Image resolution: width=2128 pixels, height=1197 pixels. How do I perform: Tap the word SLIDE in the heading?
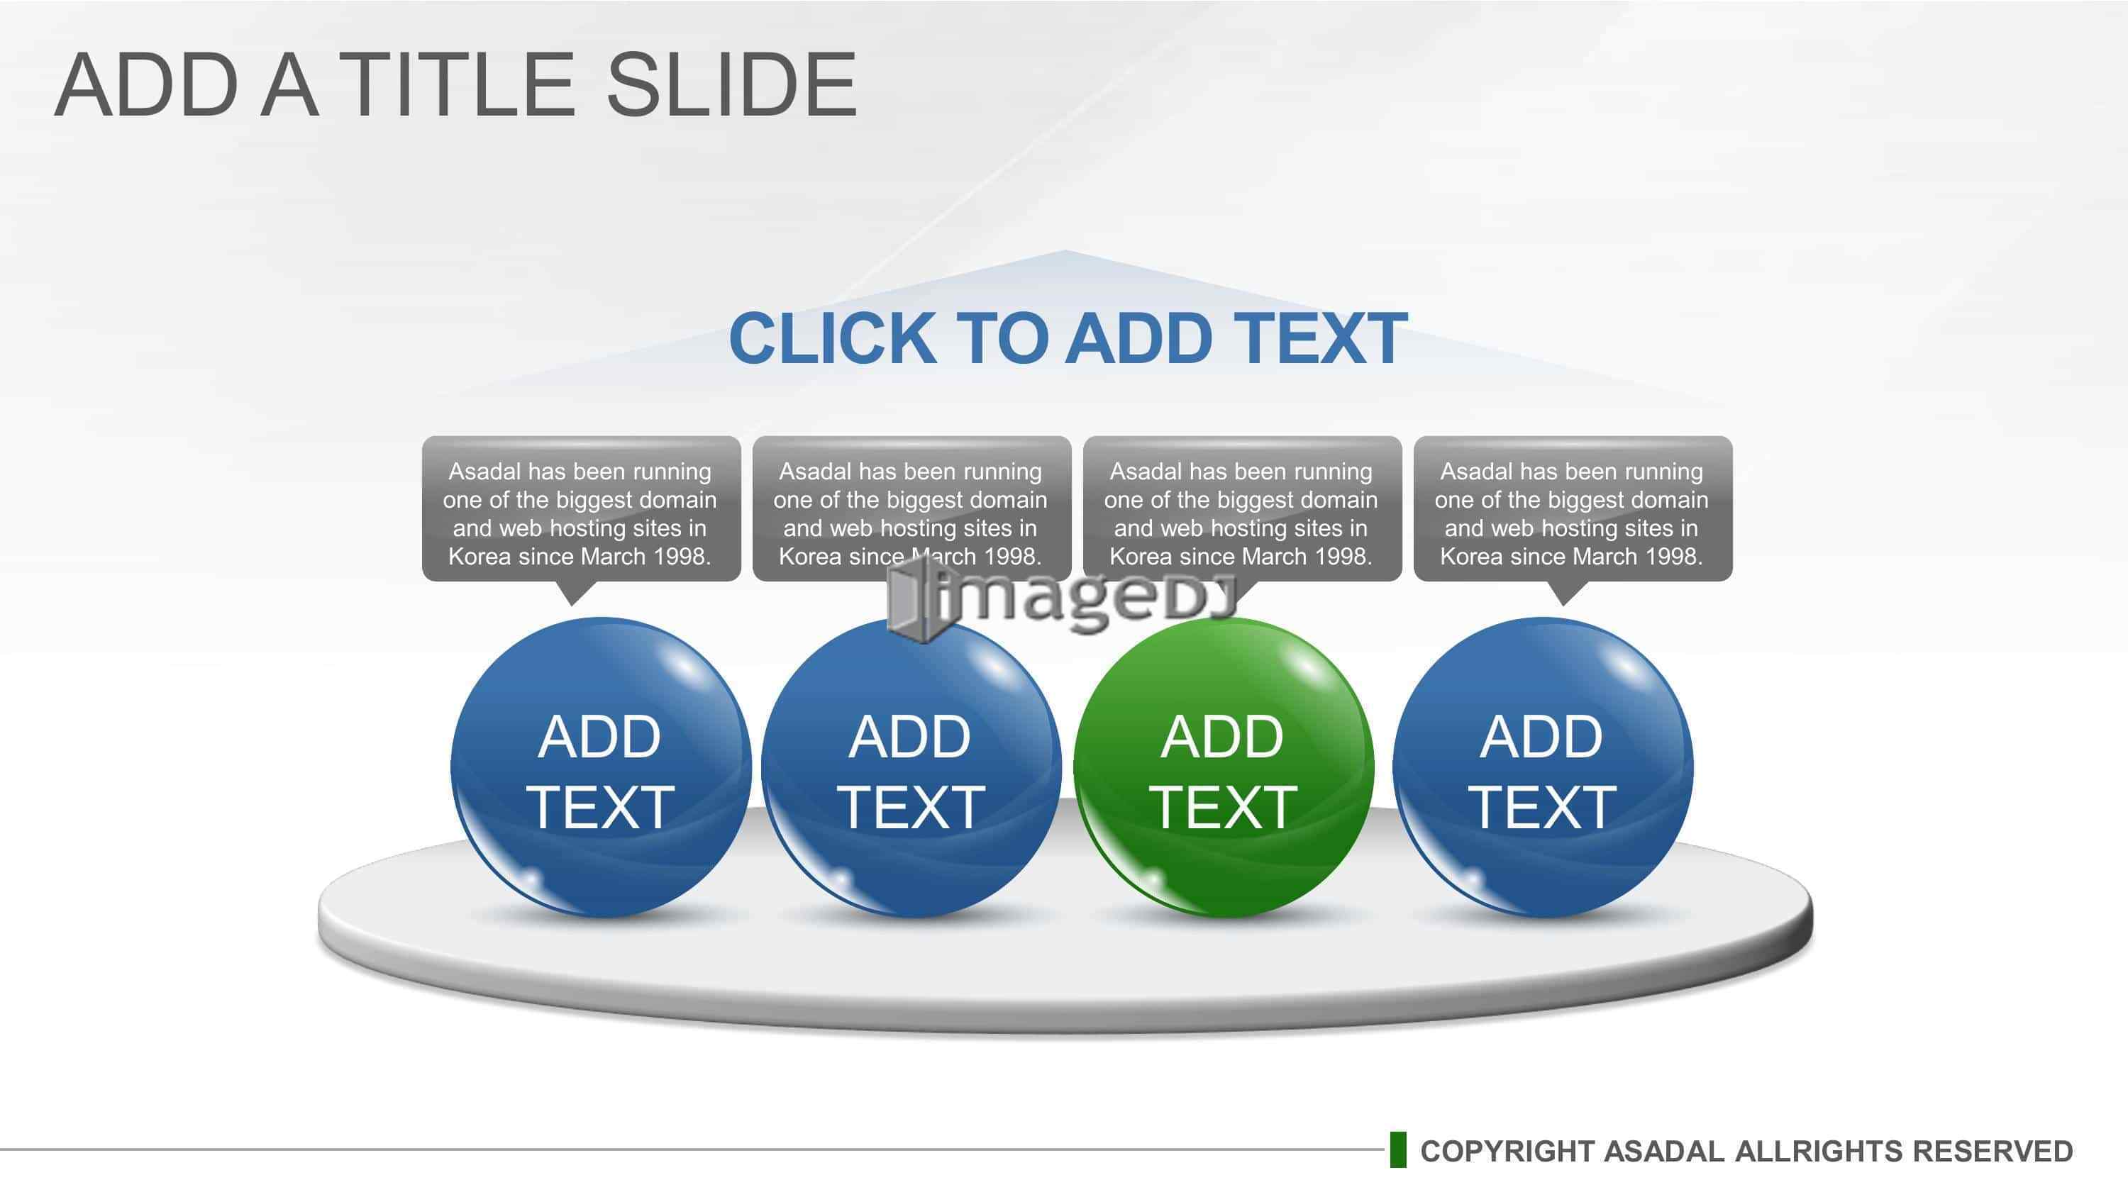[x=732, y=84]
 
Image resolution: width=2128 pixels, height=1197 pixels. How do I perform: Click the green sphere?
[x=1224, y=767]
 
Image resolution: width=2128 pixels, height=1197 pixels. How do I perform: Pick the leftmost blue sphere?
[x=601, y=767]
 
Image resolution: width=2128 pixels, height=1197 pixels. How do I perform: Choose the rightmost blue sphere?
[x=1542, y=767]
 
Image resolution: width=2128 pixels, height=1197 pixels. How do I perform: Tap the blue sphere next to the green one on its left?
[x=911, y=767]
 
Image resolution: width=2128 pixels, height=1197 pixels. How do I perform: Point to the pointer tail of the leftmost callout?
[x=572, y=593]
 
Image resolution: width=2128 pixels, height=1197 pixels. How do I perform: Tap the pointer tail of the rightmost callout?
[x=1564, y=593]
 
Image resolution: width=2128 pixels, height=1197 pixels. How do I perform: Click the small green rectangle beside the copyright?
[x=1397, y=1150]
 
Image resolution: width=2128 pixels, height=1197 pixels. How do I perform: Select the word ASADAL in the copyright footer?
[x=1663, y=1152]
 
